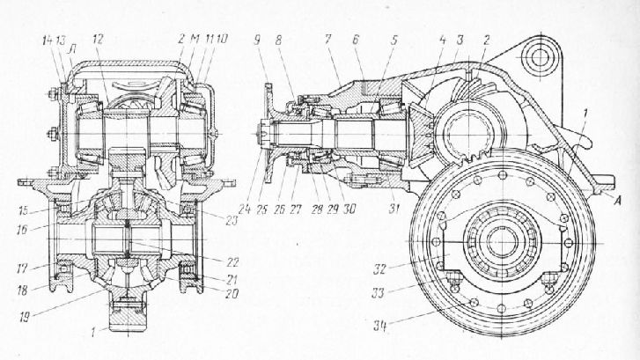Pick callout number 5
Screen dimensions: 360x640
[x=394, y=40]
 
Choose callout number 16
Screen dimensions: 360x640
[x=19, y=228]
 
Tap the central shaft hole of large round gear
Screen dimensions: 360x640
[x=498, y=239]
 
